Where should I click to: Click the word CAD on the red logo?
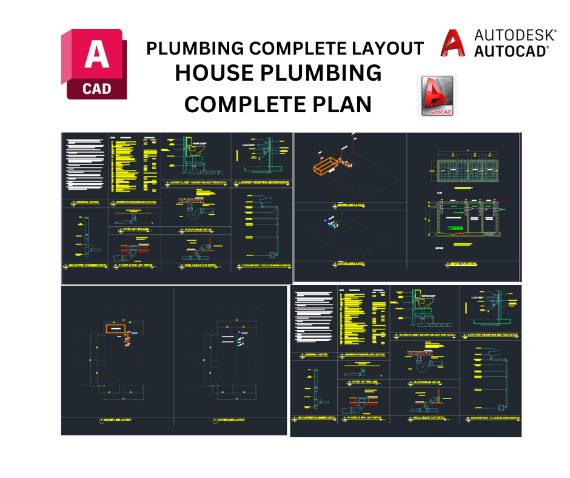tap(97, 88)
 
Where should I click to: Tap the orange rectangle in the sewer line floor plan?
tap(115, 329)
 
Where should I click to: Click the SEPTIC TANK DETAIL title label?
tap(461, 264)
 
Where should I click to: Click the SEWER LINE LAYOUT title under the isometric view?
tap(350, 206)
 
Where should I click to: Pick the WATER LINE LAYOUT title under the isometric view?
tap(350, 264)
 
